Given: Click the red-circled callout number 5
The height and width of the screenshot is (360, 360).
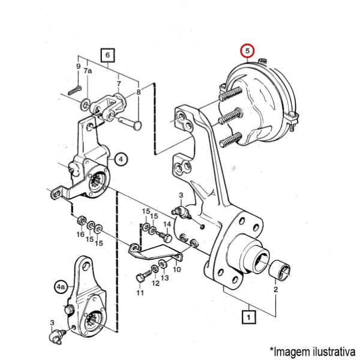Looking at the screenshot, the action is point(247,51).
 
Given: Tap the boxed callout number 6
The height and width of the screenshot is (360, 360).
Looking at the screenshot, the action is point(107,55).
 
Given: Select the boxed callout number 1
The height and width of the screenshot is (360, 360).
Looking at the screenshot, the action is point(248,317).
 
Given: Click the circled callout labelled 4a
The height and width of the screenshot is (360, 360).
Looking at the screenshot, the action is point(61,287).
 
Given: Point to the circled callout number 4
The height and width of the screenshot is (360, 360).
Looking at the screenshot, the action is point(121,159).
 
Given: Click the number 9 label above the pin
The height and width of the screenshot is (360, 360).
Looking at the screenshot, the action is point(79,67).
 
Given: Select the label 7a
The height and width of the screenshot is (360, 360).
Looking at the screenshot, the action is point(88,71).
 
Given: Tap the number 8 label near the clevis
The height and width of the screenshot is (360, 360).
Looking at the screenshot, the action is point(139,92).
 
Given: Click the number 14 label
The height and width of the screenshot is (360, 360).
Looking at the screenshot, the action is point(167,224).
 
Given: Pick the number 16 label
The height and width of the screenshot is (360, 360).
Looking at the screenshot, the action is point(80,234).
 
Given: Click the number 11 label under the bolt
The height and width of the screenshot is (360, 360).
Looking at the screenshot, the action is point(140,293).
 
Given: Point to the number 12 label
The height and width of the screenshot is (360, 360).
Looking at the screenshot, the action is point(155,283).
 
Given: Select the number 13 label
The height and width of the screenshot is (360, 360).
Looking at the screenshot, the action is point(165,278).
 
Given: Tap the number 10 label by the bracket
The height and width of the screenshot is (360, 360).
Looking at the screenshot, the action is point(177,269).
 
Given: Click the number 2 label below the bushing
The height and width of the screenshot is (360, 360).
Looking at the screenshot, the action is point(275,289).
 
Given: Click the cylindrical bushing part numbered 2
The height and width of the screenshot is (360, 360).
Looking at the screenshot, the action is point(280,270).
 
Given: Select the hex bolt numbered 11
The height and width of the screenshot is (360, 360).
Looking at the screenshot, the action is point(144,275).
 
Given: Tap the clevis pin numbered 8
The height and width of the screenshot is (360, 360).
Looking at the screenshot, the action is point(130,123).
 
